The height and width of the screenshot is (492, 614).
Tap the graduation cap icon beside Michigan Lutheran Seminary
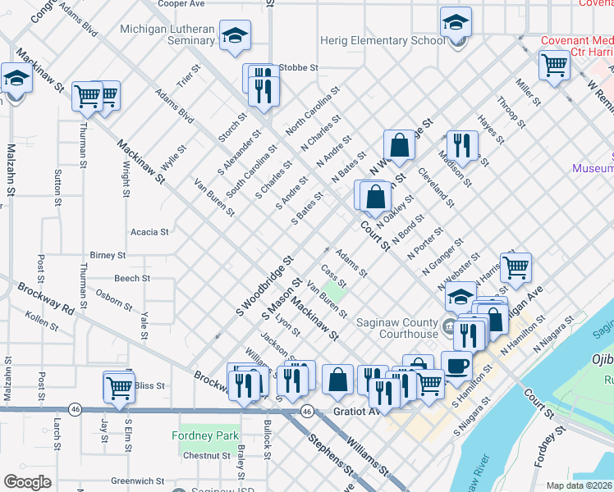pos(236,35)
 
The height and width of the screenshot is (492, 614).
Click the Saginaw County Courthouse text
pos(397,328)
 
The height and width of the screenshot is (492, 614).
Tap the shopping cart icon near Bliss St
pos(119,387)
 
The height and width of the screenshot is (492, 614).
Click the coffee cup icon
pos(456,365)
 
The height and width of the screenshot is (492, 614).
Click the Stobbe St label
pos(297,68)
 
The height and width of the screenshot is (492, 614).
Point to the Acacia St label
pos(149,232)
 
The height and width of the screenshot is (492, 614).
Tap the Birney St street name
pos(108,256)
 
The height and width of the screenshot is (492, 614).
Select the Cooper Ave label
pos(181,4)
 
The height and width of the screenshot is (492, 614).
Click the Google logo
pos(27,482)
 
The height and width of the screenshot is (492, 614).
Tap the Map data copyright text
pos(579,485)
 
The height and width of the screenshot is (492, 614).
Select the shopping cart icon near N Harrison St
pos(515,266)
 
